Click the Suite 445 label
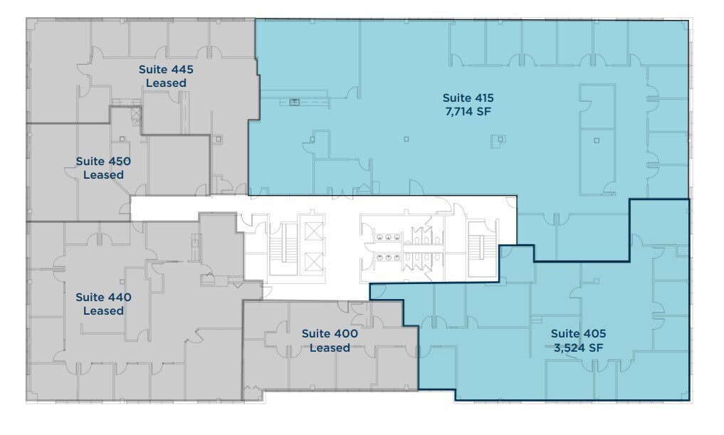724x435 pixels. tap(166, 70)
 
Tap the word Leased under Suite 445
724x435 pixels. tap(166, 83)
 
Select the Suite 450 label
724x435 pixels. tap(103, 162)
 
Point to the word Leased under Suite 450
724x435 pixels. tap(103, 175)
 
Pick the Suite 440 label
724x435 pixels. tap(103, 297)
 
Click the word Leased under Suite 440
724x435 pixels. tap(103, 311)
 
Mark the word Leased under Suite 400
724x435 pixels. tap(330, 348)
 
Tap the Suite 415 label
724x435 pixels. tap(468, 98)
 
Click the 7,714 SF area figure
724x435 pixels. tap(468, 112)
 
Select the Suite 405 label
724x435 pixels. tap(578, 333)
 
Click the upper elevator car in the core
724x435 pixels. tap(313, 231)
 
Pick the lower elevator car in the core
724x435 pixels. tap(313, 263)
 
